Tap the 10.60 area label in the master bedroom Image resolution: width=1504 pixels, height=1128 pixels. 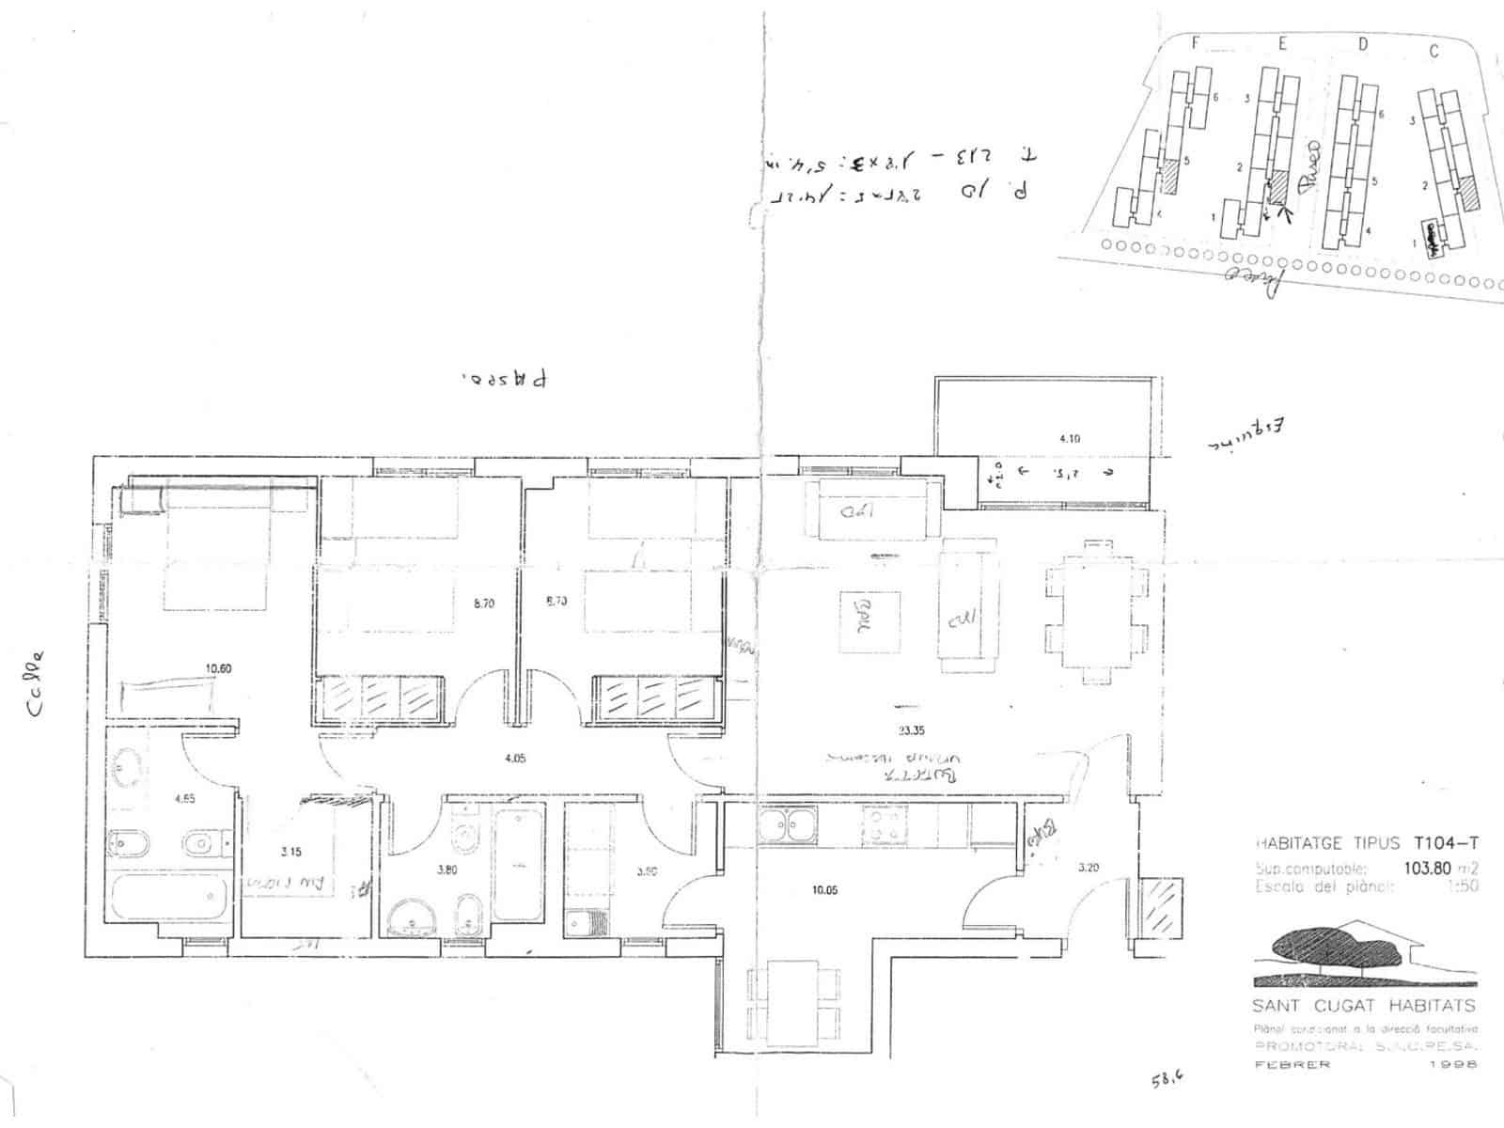point(218,668)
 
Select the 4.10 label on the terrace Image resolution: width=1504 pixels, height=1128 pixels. point(1070,438)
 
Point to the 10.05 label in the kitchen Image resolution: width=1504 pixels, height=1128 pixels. point(824,889)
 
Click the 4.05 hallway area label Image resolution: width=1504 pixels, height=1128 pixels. point(513,757)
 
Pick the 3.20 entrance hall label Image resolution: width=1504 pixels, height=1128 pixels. point(1088,868)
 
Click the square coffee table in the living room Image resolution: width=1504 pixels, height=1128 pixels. point(870,622)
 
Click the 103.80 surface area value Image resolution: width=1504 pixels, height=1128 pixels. point(1427,868)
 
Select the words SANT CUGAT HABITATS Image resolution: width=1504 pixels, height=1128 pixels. point(1364,1006)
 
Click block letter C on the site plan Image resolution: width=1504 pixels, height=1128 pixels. point(1433,52)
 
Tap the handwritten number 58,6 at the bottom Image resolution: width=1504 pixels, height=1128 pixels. point(1166,1080)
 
